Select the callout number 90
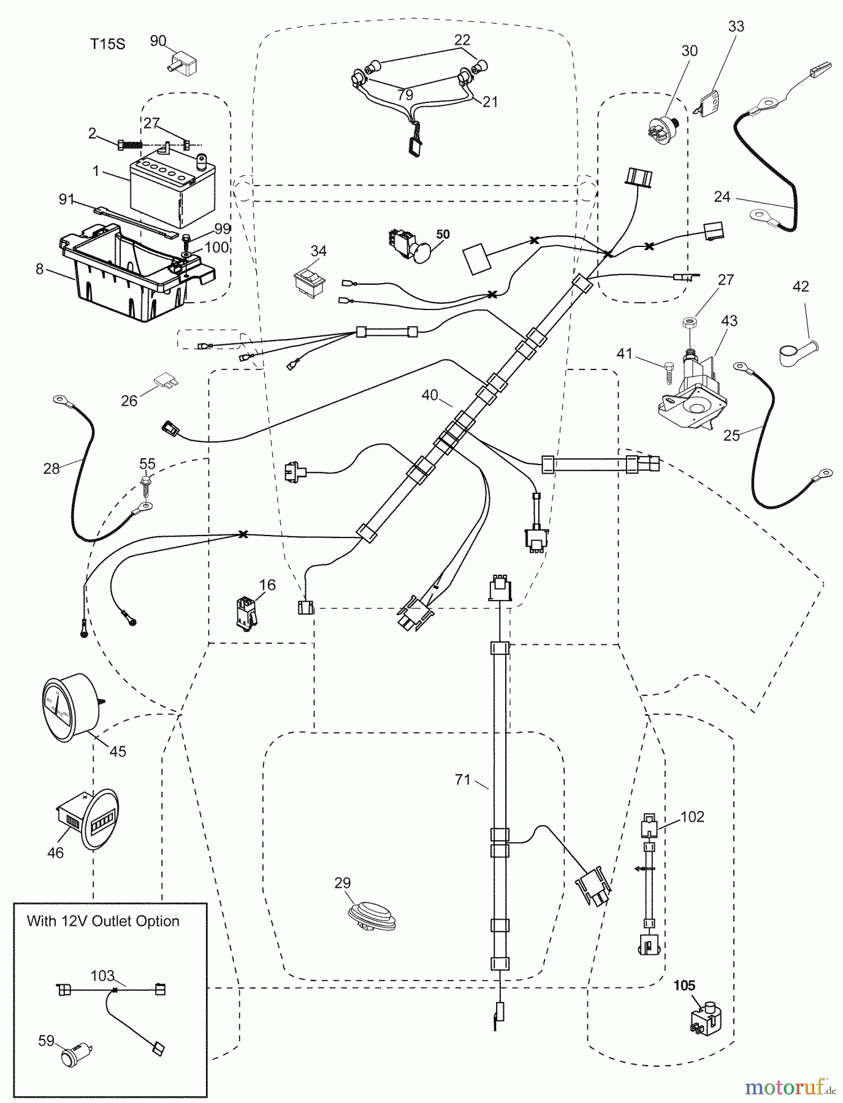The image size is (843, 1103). [x=158, y=41]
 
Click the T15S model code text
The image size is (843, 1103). [x=107, y=44]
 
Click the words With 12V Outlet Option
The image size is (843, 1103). [x=103, y=921]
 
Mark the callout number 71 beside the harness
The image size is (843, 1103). [x=462, y=779]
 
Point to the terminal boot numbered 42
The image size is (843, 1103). [x=792, y=353]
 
